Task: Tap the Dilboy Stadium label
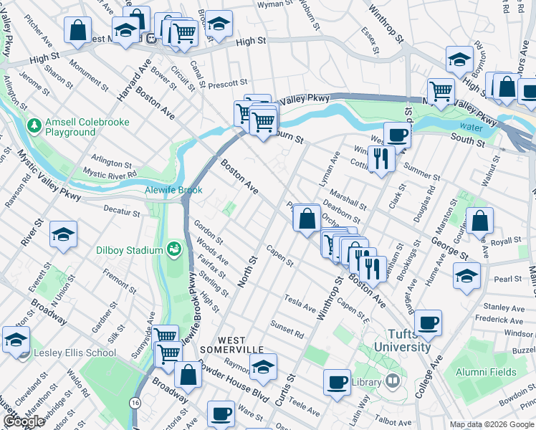(x=130, y=250)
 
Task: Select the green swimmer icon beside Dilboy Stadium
(x=173, y=249)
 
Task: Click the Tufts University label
(x=410, y=340)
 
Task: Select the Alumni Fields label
(x=489, y=372)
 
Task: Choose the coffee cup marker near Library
(x=336, y=381)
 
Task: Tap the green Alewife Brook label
(x=173, y=190)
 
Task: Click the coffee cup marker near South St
(x=396, y=134)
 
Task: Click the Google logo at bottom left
(x=24, y=421)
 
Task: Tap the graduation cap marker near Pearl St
(x=466, y=275)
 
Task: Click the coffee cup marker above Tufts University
(x=428, y=322)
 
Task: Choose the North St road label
(x=247, y=271)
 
